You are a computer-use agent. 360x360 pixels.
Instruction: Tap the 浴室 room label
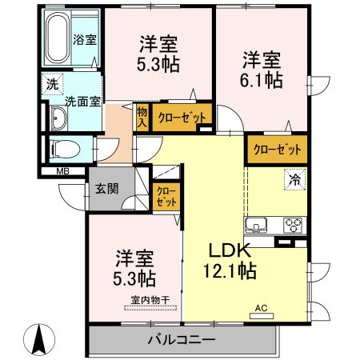pos(85,38)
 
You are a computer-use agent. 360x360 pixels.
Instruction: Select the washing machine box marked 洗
pos(51,82)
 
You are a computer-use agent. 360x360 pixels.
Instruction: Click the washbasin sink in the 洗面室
pos(58,119)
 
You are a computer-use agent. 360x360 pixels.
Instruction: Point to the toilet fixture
pos(62,149)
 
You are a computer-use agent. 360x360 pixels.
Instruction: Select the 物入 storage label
pos(142,118)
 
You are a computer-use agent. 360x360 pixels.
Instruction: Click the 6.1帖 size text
pos(262,79)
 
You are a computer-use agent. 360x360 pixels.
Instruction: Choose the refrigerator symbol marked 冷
pos(294,180)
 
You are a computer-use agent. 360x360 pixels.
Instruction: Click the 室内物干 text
pos(150,300)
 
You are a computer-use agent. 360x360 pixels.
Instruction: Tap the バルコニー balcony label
pos(181,340)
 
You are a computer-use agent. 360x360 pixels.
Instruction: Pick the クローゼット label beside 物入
pos(180,117)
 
